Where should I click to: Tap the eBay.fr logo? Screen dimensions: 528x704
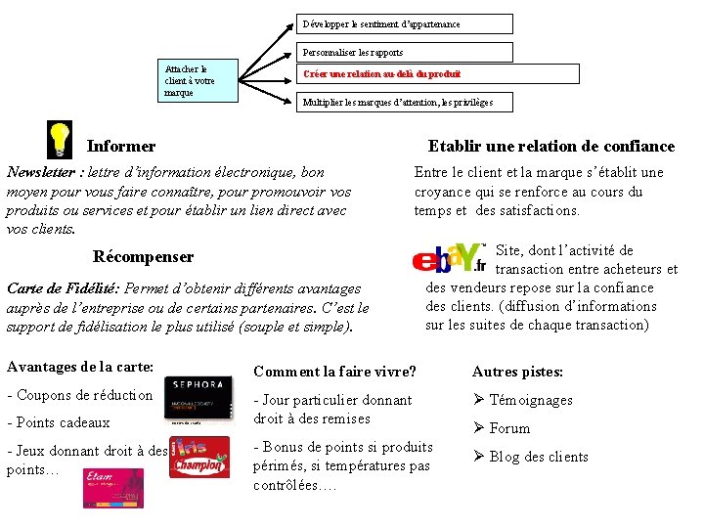click(449, 258)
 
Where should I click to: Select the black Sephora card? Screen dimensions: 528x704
click(198, 398)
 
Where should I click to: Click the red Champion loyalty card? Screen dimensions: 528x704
click(199, 457)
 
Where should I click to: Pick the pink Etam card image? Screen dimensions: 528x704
click(112, 488)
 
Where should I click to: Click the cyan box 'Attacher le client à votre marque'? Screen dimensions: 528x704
click(198, 80)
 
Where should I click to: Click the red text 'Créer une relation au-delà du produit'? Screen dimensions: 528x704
click(381, 74)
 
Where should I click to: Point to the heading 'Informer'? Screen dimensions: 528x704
click(121, 147)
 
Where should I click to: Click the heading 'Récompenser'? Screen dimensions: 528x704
click(143, 256)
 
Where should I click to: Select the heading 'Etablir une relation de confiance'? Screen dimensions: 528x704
click(551, 147)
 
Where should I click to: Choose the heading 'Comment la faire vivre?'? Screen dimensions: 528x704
click(334, 372)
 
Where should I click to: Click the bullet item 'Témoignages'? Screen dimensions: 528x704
click(530, 400)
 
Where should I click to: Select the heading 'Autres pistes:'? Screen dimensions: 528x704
click(517, 372)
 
